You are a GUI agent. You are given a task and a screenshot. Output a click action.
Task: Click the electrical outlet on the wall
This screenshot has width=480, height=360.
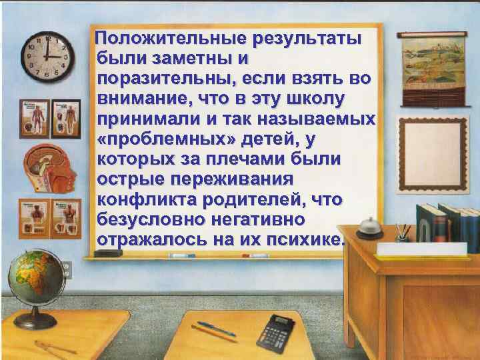67,270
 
